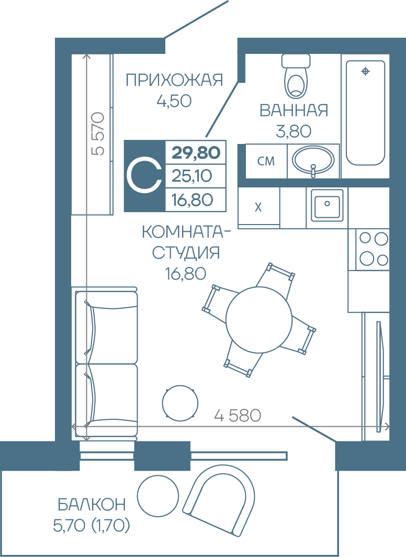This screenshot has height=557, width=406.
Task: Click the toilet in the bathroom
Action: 296,76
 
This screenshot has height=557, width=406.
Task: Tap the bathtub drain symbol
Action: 365,71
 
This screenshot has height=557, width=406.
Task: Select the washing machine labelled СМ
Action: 266,161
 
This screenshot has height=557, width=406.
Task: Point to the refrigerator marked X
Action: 258,207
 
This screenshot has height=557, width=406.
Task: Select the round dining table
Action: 258,320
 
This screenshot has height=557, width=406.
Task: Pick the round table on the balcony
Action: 158,496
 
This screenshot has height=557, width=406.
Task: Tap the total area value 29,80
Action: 196,153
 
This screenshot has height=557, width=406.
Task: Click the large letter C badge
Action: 145,176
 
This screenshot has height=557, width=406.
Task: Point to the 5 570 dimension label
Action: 98,133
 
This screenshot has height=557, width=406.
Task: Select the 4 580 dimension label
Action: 238,415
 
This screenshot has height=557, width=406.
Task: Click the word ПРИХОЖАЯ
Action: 174,80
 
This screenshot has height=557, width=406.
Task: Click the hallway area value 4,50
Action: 174,101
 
